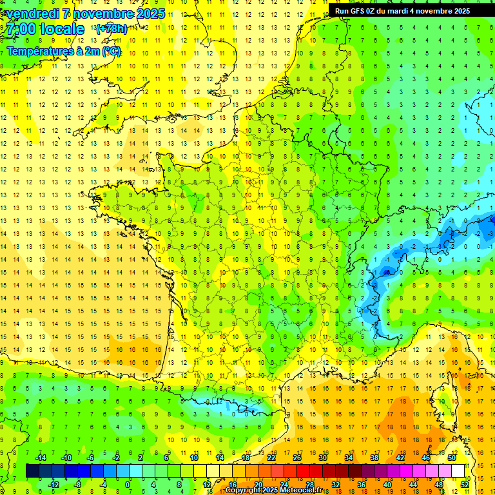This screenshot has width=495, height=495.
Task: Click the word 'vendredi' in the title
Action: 31,14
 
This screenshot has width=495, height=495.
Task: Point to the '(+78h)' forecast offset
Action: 112,29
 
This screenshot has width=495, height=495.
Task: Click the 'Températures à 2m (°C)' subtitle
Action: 64,51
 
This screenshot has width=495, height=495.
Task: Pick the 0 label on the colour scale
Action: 128,485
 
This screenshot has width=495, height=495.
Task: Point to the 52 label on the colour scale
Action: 465,485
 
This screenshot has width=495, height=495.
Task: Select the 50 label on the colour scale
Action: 452,458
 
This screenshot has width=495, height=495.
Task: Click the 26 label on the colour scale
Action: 297,458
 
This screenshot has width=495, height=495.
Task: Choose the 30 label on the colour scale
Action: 323,458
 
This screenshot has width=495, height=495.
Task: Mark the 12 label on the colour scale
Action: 207,485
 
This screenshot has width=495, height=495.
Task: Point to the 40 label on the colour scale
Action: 387,485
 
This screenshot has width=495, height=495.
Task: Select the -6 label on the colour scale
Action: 91,458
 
